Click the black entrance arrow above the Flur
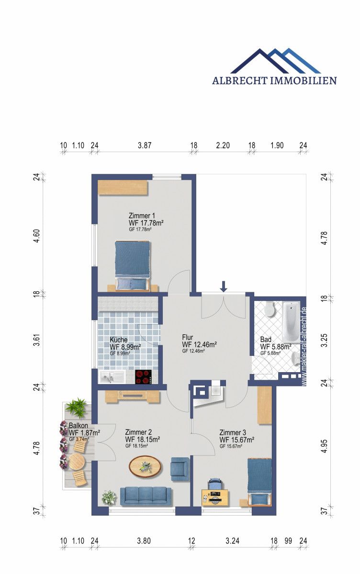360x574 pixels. click(x=224, y=287)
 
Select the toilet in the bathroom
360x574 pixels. click(x=270, y=309)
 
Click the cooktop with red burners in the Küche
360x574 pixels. click(x=144, y=377)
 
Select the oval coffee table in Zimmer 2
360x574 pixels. click(x=145, y=465)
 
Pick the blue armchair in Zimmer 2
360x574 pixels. click(x=180, y=468)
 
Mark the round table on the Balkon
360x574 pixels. click(x=76, y=463)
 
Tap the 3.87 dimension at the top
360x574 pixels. click(x=145, y=146)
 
